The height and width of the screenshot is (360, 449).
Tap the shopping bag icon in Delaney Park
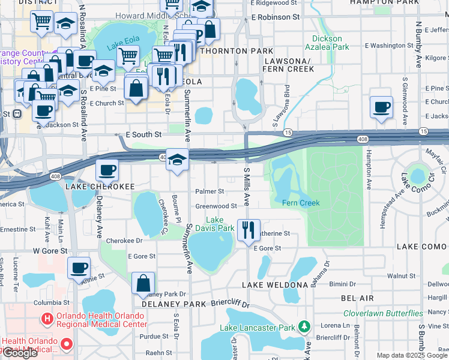pyautogui.click(x=143, y=283)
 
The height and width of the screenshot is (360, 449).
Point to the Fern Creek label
pyautogui.click(x=301, y=203)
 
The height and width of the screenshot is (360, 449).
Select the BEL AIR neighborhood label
pyautogui.click(x=357, y=298)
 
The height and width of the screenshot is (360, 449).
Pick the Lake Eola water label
pyautogui.click(x=122, y=47)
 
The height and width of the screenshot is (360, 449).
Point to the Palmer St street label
pyautogui.click(x=209, y=191)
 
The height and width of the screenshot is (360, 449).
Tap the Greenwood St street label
pyautogui.click(x=216, y=206)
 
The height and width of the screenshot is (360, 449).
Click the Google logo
pyautogui.click(x=20, y=353)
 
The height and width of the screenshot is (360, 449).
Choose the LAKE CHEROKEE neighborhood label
pyautogui.click(x=100, y=187)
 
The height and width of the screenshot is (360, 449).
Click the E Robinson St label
pyautogui.click(x=276, y=17)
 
